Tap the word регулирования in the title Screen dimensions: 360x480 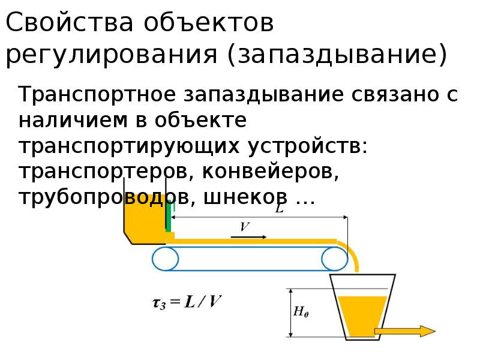112,55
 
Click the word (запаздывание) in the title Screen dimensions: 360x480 337,55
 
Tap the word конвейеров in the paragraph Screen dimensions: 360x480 268,172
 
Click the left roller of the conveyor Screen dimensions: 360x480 165,259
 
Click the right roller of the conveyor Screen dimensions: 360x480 334,259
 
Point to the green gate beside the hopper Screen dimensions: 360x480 169,217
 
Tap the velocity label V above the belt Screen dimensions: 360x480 245,227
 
